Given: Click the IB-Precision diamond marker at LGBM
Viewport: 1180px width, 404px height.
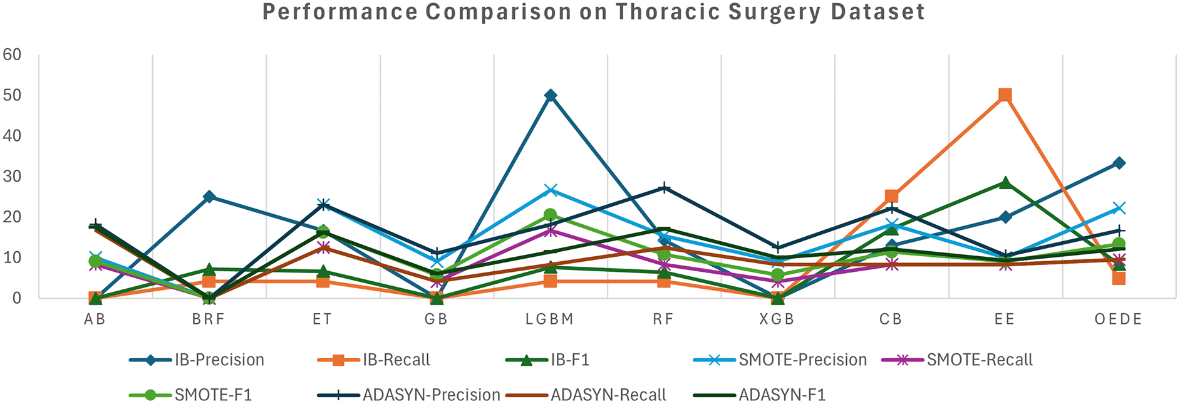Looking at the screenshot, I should [x=551, y=95].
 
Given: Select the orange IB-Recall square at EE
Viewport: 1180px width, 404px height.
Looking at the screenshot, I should [x=1005, y=95].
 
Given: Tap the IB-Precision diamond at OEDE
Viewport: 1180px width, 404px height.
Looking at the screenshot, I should [x=1119, y=163].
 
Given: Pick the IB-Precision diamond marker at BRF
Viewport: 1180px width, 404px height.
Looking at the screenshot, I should [x=209, y=197].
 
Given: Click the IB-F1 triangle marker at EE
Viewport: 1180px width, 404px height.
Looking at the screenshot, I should [x=1005, y=182].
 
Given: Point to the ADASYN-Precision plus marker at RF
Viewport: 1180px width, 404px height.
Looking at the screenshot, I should [x=664, y=188].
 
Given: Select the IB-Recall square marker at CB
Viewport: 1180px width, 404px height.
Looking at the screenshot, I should [x=891, y=197].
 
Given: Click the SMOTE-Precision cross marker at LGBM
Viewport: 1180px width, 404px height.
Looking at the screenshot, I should [x=551, y=190].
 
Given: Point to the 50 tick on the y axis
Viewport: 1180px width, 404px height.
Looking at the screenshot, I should [x=12, y=95].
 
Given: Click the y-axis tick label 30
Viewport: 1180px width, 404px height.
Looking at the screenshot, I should [x=12, y=177].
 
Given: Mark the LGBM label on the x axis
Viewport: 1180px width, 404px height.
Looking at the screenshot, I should [x=549, y=319].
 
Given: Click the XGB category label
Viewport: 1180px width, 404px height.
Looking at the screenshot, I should [x=777, y=319].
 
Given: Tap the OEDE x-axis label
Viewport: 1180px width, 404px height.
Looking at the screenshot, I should [x=1118, y=319].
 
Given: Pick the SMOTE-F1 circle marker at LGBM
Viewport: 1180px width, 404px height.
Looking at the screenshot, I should [x=551, y=215].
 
